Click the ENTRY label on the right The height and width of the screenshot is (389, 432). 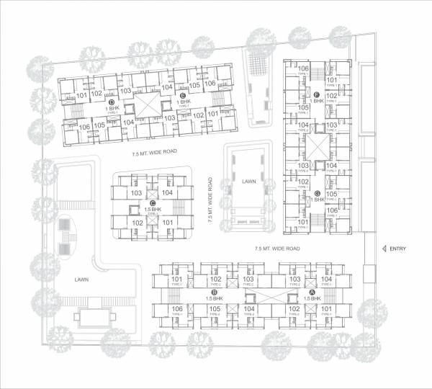click(x=397, y=249)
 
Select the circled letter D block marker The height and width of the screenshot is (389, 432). click(x=112, y=103)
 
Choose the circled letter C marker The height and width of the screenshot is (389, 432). click(x=151, y=202)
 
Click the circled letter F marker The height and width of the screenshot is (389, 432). click(x=317, y=95)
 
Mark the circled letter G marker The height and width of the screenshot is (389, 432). click(x=317, y=193)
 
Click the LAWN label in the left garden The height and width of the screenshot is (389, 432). click(x=81, y=277)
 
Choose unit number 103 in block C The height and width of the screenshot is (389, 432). click(x=136, y=194)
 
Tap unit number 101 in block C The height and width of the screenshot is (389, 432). click(x=168, y=223)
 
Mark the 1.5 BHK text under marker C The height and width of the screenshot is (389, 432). click(x=151, y=210)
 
